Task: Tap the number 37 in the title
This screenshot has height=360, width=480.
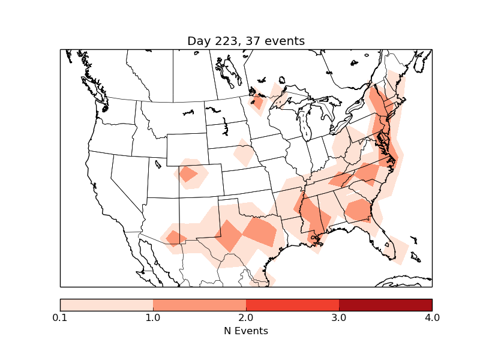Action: [x=251, y=41]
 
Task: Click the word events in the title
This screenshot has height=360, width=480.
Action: [x=283, y=41]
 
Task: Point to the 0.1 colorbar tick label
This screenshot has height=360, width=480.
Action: [x=60, y=317]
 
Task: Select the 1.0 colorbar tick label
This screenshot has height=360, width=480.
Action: [x=153, y=317]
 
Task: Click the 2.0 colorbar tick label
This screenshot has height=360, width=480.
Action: [x=246, y=317]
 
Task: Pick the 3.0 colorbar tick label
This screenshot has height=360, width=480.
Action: [x=339, y=317]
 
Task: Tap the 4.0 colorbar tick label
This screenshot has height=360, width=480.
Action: [x=432, y=317]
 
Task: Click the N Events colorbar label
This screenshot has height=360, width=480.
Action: [x=246, y=331]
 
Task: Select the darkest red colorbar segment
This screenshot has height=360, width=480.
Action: [x=385, y=305]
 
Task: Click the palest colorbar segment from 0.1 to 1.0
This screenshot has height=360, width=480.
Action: [x=107, y=305]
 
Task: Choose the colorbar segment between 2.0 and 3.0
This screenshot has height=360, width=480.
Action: [x=292, y=305]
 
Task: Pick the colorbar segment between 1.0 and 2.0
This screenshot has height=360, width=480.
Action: [x=199, y=305]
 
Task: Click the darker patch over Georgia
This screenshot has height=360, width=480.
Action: [x=358, y=210]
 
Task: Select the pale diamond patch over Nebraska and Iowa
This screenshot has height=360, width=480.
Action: [x=243, y=154]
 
